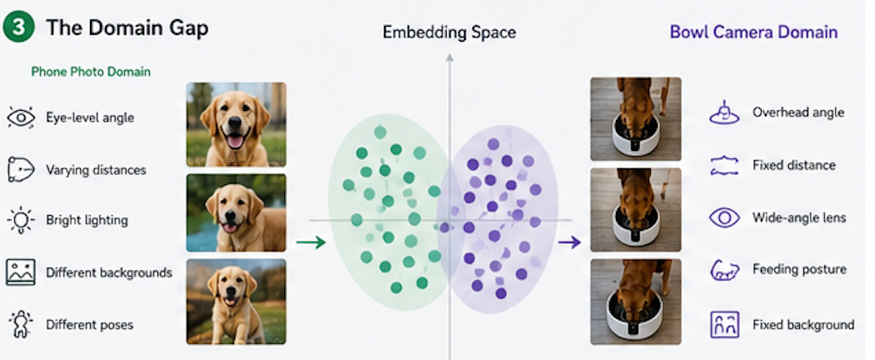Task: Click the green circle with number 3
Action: [19, 27]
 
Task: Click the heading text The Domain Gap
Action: [127, 27]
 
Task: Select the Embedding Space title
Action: [449, 32]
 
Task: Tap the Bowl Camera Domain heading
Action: [753, 32]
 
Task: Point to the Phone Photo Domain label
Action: [91, 72]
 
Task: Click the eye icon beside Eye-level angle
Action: [21, 117]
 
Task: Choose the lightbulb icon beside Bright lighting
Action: [21, 220]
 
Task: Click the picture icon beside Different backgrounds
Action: [21, 272]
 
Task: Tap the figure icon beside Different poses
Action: [21, 324]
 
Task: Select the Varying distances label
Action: [96, 170]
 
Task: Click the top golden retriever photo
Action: [236, 124]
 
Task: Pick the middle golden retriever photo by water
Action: [236, 212]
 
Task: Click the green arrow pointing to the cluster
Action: [311, 242]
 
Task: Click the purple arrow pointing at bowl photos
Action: [570, 242]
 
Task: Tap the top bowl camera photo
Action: [636, 119]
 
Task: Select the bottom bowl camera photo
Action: [636, 302]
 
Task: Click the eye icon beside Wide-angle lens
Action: [724, 217]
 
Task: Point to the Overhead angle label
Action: [798, 112]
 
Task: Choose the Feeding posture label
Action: [800, 269]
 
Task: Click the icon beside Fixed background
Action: [724, 324]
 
